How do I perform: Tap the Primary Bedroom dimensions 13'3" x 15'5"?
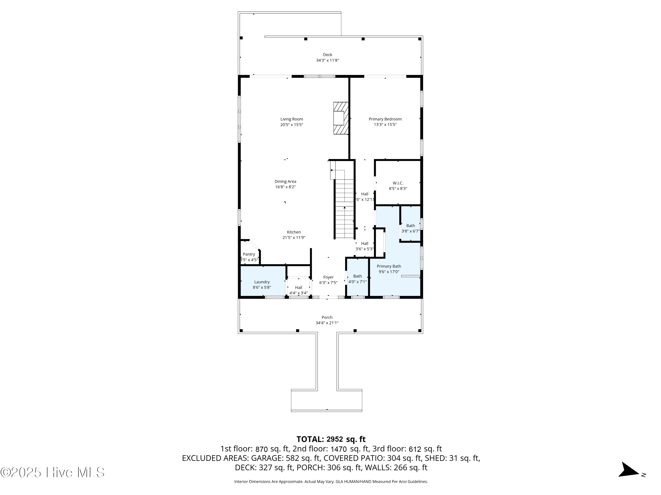pos(385,125)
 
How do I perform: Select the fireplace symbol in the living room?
pos(341,118)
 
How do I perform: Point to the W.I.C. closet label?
pos(398,183)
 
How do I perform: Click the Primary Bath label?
pos(388,266)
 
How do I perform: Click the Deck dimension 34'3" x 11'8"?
pos(327,60)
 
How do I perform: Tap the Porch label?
pos(327,317)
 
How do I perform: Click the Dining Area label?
pos(285,181)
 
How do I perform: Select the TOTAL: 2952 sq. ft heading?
pos(331,439)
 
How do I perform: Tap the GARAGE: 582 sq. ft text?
pos(285,458)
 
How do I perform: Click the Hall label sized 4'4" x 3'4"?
pos(298,288)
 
